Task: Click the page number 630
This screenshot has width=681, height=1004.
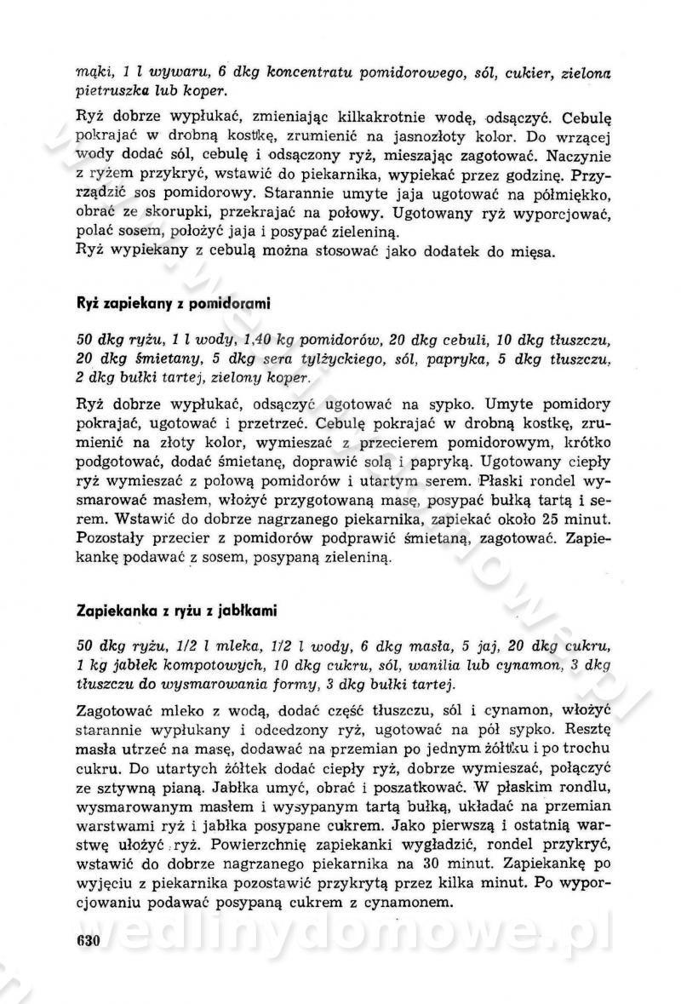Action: coord(89,941)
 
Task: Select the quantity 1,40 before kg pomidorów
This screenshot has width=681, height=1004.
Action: coord(226,341)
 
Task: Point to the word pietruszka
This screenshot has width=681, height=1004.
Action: coord(113,90)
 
